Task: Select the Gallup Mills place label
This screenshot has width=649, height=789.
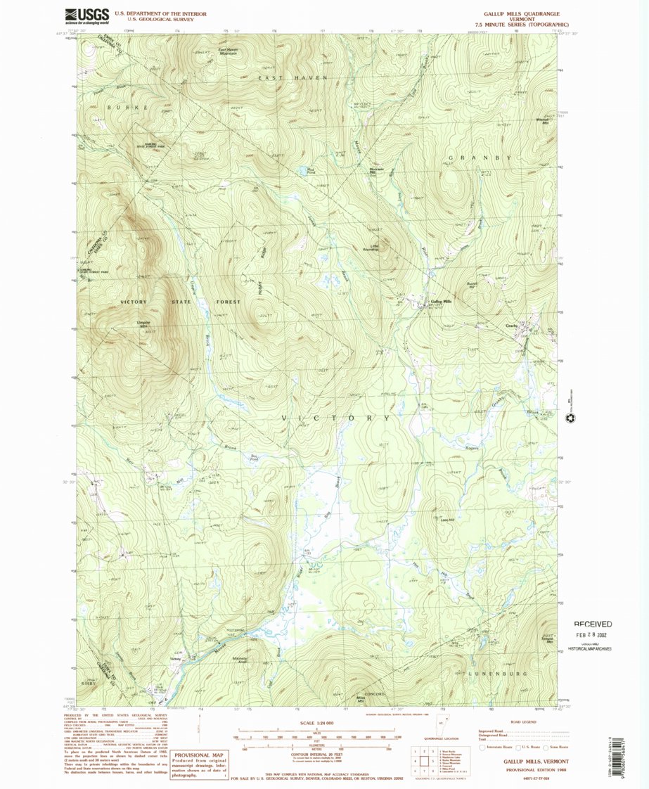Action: coord(441,302)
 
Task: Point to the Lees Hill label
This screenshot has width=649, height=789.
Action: coord(445,519)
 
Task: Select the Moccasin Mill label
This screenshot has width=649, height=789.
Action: coord(377,172)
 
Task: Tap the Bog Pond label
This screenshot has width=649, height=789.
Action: coord(256,456)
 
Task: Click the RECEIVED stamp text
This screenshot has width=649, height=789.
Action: coord(592,624)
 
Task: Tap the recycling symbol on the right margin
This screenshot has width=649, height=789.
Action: coord(570,418)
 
